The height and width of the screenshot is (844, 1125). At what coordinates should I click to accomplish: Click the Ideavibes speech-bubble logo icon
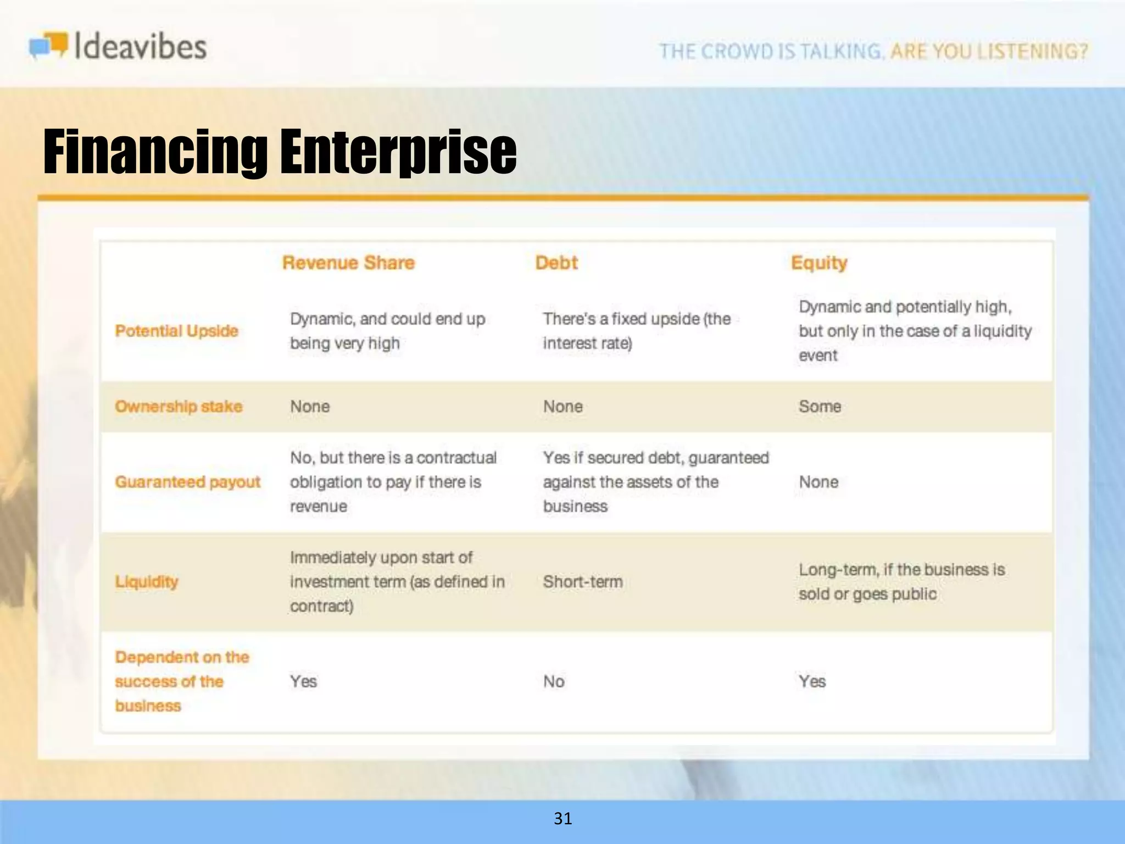coord(48,45)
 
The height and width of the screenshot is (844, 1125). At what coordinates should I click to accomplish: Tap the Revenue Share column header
coord(348,263)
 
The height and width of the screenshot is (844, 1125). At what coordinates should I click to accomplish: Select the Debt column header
coord(556,263)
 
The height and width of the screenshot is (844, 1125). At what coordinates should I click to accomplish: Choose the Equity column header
coord(818,263)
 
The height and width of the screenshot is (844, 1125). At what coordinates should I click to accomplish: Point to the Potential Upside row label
coord(176,331)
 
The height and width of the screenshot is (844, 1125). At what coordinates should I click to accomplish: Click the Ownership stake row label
coord(179,407)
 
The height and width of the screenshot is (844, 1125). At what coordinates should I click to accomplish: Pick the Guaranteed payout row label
coord(187,482)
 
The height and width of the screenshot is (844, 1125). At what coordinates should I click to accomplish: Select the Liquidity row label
coord(147,581)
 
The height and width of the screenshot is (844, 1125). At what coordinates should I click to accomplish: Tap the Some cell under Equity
coord(820,407)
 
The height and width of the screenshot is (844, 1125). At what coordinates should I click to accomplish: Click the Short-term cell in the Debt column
coord(583,581)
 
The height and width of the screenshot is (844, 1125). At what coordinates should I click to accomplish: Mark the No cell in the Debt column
coord(554,681)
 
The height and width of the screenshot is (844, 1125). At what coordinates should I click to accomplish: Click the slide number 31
coord(562,819)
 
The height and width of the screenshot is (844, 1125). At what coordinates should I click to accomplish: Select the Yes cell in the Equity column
coord(812,681)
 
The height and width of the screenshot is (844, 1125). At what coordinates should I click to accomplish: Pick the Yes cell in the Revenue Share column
coord(303,681)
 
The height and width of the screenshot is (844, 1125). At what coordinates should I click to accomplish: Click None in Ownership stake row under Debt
coord(563,407)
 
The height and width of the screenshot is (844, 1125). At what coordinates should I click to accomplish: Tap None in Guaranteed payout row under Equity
coord(818,482)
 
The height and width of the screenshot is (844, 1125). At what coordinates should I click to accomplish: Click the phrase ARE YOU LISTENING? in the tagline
coord(989,51)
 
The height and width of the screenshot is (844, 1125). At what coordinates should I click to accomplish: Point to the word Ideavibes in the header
coord(140,46)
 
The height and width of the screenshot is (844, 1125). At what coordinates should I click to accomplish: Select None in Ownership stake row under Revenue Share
coord(310,407)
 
